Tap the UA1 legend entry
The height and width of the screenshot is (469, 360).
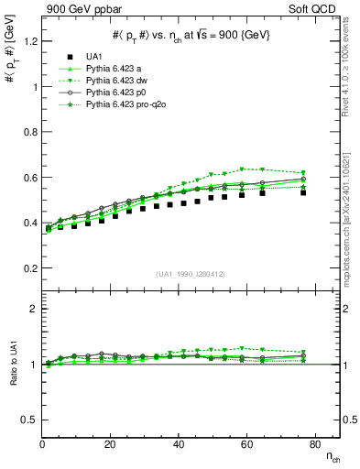click(x=94, y=56)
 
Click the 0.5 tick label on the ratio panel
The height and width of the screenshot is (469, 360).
click(x=29, y=420)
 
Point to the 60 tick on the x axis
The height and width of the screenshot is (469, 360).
click(x=179, y=444)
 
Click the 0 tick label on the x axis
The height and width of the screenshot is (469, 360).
click(x=42, y=444)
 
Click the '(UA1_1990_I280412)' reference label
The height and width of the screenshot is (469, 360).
click(x=191, y=274)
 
